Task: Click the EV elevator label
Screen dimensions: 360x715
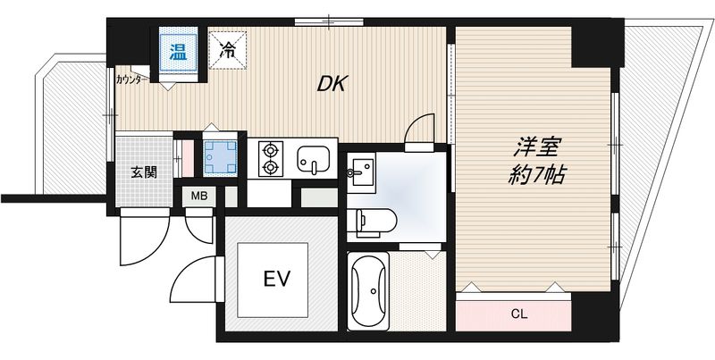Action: click(276, 279)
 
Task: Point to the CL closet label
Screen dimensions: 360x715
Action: click(519, 313)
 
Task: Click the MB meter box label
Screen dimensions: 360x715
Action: click(198, 196)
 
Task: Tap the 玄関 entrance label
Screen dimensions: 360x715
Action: click(145, 171)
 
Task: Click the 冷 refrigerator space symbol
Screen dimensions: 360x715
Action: click(227, 49)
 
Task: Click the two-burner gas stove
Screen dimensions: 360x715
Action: click(269, 159)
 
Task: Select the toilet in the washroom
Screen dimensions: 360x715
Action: click(368, 218)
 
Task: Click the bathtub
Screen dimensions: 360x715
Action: click(367, 292)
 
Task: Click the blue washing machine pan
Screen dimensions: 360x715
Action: click(219, 157)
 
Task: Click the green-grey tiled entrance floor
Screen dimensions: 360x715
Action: click(143, 170)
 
